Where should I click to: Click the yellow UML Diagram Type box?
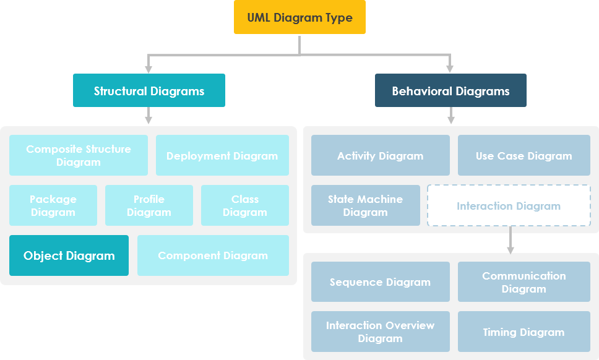click(x=299, y=17)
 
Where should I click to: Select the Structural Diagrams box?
click(x=149, y=91)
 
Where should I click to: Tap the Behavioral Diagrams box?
click(x=450, y=91)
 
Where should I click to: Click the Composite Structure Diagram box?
click(x=79, y=155)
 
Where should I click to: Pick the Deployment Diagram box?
click(x=222, y=155)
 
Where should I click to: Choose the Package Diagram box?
click(x=53, y=205)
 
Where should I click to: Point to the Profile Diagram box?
click(x=149, y=205)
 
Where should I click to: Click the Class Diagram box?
click(x=245, y=205)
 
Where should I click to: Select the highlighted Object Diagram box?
click(x=69, y=255)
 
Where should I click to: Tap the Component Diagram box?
click(x=213, y=255)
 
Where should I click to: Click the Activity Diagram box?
click(x=380, y=155)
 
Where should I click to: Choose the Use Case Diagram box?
click(x=524, y=155)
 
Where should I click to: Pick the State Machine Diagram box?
click(x=365, y=205)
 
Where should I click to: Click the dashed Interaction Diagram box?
click(x=509, y=205)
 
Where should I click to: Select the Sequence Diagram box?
click(x=380, y=282)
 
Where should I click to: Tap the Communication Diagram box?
click(x=524, y=282)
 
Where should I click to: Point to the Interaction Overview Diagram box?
click(x=380, y=332)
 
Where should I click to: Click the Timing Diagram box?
click(x=524, y=332)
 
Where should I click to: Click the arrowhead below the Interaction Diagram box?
click(x=511, y=249)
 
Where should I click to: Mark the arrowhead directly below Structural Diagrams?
click(x=149, y=119)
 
